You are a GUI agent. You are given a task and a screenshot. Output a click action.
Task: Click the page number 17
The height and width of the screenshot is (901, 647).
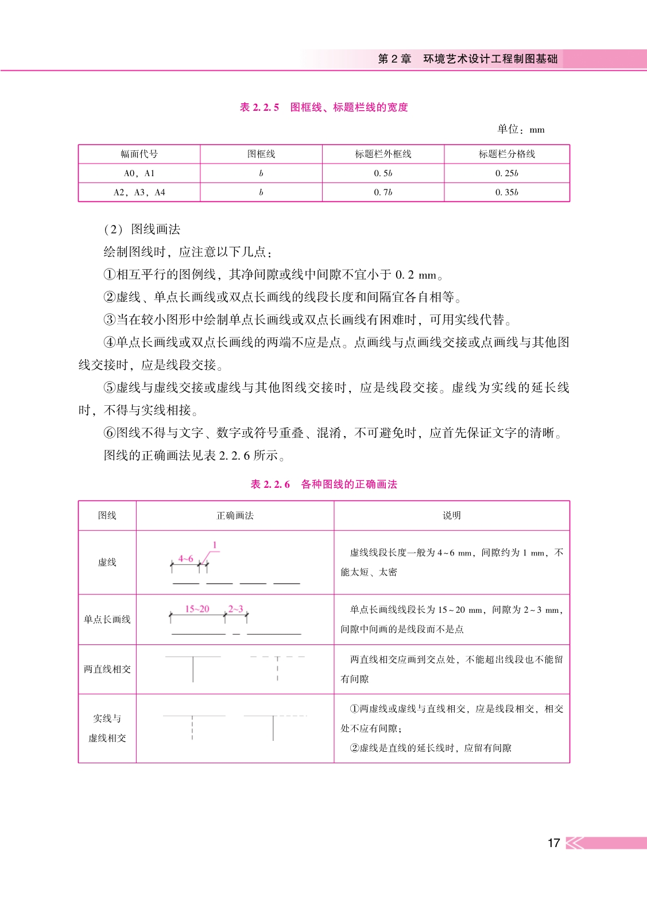click(x=553, y=842)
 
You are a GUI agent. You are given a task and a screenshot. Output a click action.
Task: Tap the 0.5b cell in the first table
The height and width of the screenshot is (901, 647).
click(x=383, y=173)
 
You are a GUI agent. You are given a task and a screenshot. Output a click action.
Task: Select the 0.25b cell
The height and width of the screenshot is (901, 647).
click(x=506, y=173)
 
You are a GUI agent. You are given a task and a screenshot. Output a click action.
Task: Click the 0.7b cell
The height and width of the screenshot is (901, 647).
click(x=383, y=192)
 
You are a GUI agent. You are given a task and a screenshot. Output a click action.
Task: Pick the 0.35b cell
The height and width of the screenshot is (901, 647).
click(x=506, y=192)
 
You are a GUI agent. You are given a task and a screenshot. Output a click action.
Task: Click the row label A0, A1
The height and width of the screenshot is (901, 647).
click(x=139, y=173)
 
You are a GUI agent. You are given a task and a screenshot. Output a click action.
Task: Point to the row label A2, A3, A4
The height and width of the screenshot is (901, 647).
click(x=139, y=192)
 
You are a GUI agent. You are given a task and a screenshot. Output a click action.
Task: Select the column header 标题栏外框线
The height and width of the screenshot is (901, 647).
click(x=383, y=154)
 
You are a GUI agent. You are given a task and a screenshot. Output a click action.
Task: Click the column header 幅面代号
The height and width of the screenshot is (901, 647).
click(x=139, y=154)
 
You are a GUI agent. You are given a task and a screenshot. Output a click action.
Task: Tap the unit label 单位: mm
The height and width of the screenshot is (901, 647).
click(x=521, y=129)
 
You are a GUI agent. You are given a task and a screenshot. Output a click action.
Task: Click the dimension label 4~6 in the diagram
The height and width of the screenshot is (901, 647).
click(x=185, y=558)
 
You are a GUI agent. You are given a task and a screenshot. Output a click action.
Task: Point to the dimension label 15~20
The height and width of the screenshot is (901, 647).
click(x=197, y=609)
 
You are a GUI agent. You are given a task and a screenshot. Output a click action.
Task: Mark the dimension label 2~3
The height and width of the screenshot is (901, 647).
click(x=235, y=609)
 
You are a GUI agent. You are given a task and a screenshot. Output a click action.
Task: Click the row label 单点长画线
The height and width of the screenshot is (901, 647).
click(x=107, y=619)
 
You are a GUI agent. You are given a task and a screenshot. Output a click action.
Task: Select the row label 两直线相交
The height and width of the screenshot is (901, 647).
click(x=107, y=669)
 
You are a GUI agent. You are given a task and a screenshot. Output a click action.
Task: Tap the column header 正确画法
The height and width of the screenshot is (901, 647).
click(x=235, y=515)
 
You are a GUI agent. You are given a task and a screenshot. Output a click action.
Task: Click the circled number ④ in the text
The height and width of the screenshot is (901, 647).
click(x=110, y=342)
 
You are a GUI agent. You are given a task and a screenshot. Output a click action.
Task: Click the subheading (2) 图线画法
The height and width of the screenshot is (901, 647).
click(x=142, y=229)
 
